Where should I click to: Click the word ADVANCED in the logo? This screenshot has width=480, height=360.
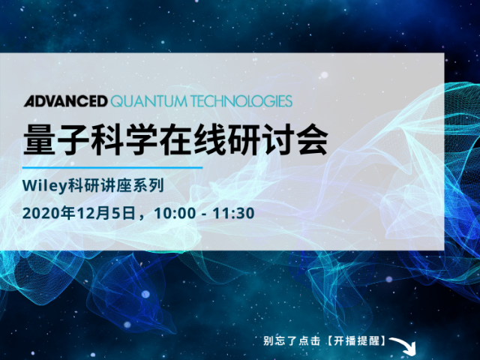tap(66, 101)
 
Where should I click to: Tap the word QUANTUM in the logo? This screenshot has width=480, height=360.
tap(148, 102)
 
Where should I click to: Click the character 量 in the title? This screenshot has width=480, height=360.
tap(40, 139)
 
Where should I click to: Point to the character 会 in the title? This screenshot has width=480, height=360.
tap(313, 139)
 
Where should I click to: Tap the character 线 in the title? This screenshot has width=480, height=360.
tap(211, 139)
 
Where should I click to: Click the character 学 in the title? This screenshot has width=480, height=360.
tap(142, 139)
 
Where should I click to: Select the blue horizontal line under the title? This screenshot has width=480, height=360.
tap(112, 167)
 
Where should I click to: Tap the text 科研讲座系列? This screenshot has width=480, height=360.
tap(115, 186)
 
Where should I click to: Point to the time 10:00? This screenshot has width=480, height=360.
tap(175, 213)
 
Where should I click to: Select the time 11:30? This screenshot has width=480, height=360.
tap(233, 213)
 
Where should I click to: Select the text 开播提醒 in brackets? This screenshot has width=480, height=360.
tap(357, 340)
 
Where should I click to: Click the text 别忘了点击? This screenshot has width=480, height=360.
tap(292, 340)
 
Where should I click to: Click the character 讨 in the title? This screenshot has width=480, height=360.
tap(279, 139)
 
